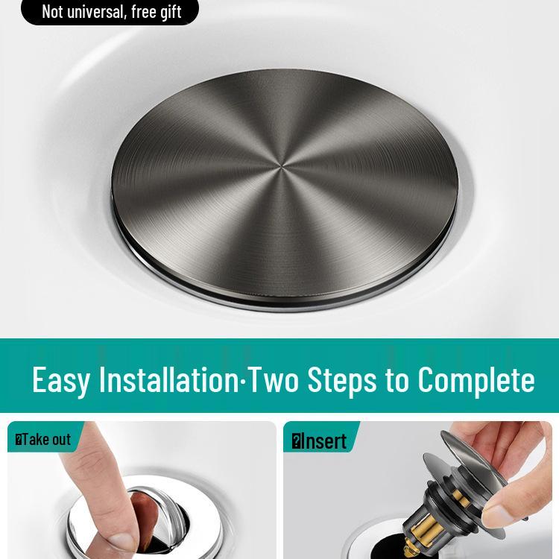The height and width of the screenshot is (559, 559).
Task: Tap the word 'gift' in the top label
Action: (168, 11)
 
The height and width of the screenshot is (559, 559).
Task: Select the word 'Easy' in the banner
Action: (61, 379)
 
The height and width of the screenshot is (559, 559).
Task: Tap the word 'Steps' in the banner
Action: (343, 379)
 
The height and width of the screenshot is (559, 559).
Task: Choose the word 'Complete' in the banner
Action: (476, 379)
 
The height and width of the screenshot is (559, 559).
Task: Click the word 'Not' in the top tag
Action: (52, 11)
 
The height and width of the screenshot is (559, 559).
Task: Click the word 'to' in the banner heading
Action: (397, 379)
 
